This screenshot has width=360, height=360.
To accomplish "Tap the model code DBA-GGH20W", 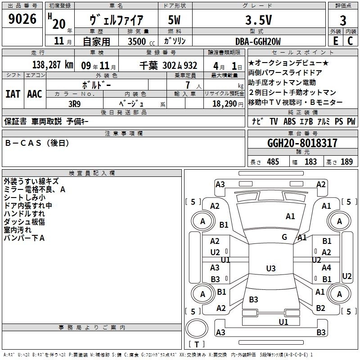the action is tap(258, 41).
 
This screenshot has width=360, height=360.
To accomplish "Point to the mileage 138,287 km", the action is tap(53, 65).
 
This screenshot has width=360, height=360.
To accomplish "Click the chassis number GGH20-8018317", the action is tap(302, 144).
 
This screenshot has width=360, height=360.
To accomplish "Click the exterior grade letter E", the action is tap(335, 41).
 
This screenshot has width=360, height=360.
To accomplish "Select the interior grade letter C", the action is tap(350, 41).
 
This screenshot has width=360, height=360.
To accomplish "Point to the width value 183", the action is tap(310, 162).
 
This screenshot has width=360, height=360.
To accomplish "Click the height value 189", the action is tap(346, 162).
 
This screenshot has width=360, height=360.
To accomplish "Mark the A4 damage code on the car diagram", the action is tap(326, 267).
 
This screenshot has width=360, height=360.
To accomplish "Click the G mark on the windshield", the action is tap(284, 237).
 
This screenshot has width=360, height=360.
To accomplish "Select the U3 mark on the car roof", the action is tap(270, 269).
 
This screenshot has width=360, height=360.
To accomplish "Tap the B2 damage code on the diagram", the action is tap(320, 308).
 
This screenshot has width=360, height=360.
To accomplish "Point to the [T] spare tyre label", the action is tap(197, 345).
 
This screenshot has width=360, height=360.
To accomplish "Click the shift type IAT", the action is tap(12, 94).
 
